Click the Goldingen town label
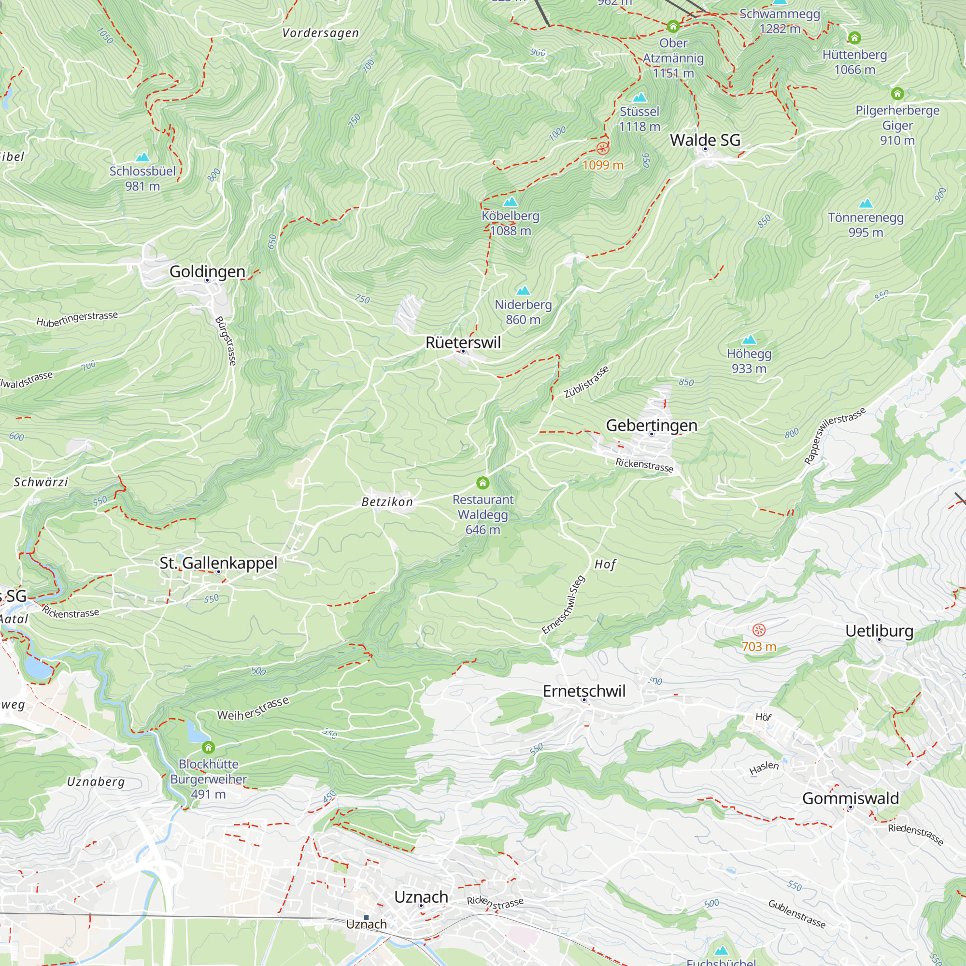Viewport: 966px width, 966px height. pos(207,271)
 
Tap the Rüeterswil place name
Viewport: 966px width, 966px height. pos(463,342)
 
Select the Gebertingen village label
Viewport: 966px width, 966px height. pos(651,426)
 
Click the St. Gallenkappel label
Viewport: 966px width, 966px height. pos(218,563)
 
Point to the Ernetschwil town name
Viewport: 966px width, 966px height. pos(584,691)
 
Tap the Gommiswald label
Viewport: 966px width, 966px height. pos(850,798)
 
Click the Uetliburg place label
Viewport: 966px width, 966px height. pos(879,631)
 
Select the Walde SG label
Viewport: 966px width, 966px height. pos(705,140)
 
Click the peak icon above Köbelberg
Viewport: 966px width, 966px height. pos(510,202)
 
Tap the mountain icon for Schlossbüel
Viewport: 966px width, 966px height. pos(142,157)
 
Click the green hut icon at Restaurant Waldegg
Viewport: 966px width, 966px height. pos(483,483)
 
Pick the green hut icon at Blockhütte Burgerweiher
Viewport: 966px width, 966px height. pos(209,748)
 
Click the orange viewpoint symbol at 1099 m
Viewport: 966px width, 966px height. pos(603,148)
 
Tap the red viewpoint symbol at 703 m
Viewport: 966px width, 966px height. pos(759,630)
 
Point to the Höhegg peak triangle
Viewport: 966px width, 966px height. pos(749,340)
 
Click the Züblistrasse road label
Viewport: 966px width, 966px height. pos(586,382)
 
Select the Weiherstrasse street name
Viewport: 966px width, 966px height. pos(253,709)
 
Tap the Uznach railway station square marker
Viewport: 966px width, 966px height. pos(367,918)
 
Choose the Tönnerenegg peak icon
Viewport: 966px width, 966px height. pos(866,203)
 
